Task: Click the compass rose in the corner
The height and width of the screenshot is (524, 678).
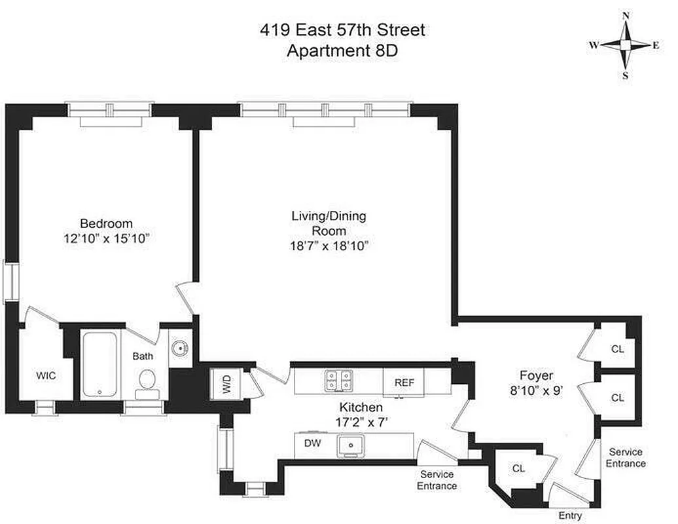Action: pyautogui.click(x=625, y=45)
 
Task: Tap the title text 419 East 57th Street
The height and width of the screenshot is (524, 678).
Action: pyautogui.click(x=342, y=30)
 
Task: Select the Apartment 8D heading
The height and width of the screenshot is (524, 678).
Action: pyautogui.click(x=342, y=51)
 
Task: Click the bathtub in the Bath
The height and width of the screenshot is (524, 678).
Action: pyautogui.click(x=99, y=364)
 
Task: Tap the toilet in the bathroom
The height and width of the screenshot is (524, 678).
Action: pyautogui.click(x=147, y=382)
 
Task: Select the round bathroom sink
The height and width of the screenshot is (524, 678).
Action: pyautogui.click(x=179, y=347)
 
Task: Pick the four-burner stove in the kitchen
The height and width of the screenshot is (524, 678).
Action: pyautogui.click(x=339, y=381)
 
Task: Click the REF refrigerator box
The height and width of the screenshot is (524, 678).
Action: pyautogui.click(x=403, y=383)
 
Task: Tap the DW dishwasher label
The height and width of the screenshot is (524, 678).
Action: pyautogui.click(x=312, y=443)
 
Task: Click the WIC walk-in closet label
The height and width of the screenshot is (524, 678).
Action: pyautogui.click(x=45, y=376)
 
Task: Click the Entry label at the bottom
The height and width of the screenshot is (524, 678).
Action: pyautogui.click(x=570, y=515)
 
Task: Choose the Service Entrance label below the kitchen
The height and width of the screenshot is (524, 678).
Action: pyautogui.click(x=437, y=480)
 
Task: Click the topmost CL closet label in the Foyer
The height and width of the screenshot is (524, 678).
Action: pyautogui.click(x=617, y=348)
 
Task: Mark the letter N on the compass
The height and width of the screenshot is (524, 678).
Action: pyautogui.click(x=625, y=16)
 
